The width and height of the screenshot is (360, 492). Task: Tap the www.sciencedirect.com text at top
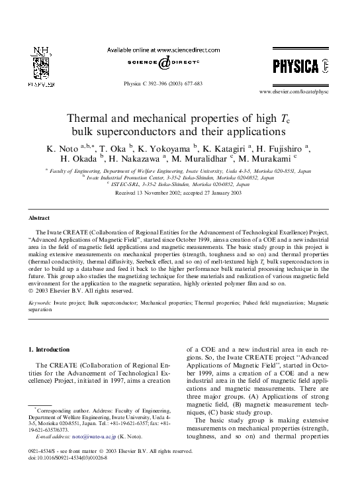(x=180, y=49)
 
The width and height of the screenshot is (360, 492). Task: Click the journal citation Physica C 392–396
(x=163, y=84)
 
